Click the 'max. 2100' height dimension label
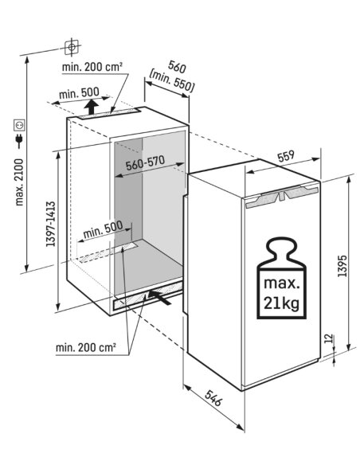pyautogui.click(x=19, y=182)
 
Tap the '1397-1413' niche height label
pyautogui.click(x=51, y=224)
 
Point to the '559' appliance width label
pyautogui.click(x=286, y=156)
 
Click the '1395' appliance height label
pyautogui.click(x=342, y=266)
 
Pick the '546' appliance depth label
pyautogui.click(x=213, y=398)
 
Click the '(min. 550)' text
pyautogui.click(x=172, y=81)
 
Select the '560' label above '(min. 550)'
pyautogui.click(x=177, y=67)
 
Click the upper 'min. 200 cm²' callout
pyautogui.click(x=92, y=67)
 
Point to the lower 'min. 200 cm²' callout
pyautogui.click(x=86, y=347)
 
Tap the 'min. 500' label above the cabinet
pyautogui.click(x=79, y=93)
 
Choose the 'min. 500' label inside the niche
pyautogui.click(x=103, y=229)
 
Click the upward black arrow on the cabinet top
pyautogui.click(x=92, y=107)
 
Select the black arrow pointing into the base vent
pyautogui.click(x=160, y=298)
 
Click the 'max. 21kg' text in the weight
pyautogui.click(x=281, y=294)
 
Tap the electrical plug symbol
pyautogui.click(x=19, y=141)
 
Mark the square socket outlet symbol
pyautogui.click(x=20, y=125)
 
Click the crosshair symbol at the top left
pyautogui.click(x=72, y=47)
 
